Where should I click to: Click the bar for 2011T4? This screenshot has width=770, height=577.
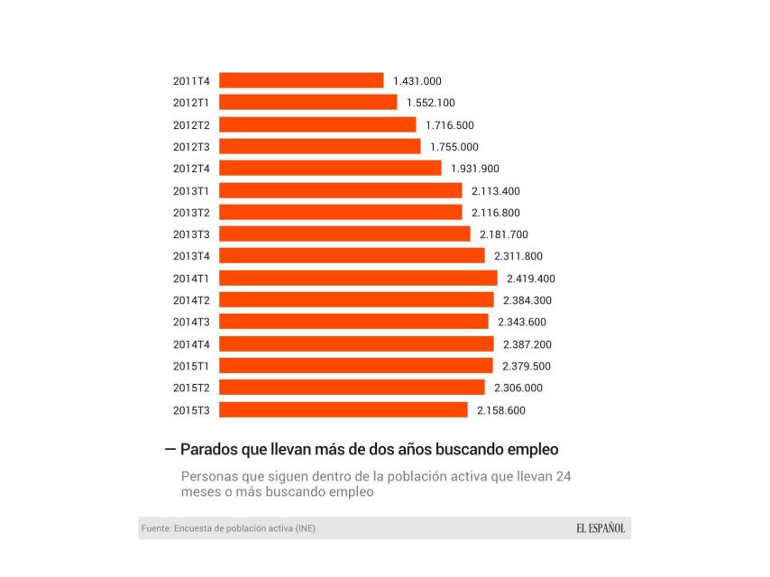tap(301, 80)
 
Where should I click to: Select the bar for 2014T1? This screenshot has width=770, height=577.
tap(358, 278)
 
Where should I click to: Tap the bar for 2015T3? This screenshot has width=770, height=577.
tap(343, 410)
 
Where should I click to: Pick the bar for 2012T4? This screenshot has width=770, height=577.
tap(330, 169)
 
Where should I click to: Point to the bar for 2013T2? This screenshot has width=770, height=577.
tap(340, 213)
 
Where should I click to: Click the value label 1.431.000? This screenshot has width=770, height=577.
tap(417, 81)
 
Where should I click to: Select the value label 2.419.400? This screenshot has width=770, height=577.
tap(531, 279)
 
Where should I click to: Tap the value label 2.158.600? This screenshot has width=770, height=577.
tap(501, 410)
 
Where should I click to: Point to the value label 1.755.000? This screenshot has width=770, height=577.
tap(454, 147)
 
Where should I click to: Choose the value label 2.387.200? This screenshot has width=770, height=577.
tap(527, 344)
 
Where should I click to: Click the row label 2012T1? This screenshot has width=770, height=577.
tap(191, 103)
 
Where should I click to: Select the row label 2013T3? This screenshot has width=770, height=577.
tap(191, 234)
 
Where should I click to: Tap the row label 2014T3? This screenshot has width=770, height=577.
tap(191, 322)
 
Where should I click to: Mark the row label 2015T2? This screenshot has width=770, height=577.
tap(191, 388)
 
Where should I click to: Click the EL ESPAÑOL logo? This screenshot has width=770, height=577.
tap(600, 528)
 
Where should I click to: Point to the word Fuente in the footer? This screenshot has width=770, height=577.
tap(156, 528)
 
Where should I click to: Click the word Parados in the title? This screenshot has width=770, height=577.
tap(210, 448)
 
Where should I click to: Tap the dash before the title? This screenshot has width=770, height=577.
tap(170, 448)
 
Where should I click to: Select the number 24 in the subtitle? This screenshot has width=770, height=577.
tap(563, 475)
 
